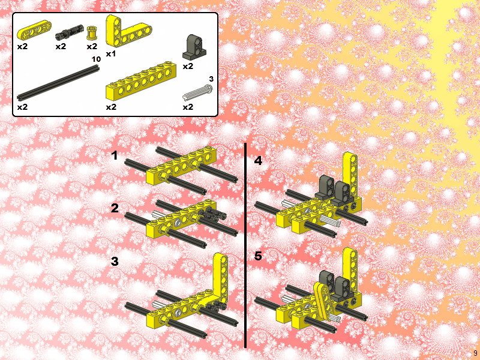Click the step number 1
tap(115, 156)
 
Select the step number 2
tap(115, 209)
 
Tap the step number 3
tap(115, 262)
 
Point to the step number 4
tap(258, 161)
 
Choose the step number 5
tap(258, 256)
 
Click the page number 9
tap(475, 353)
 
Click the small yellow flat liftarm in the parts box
tap(30, 31)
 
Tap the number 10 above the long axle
tap(95, 59)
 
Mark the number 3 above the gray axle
tap(211, 79)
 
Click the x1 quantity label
tap(110, 53)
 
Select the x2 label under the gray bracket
tap(188, 66)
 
